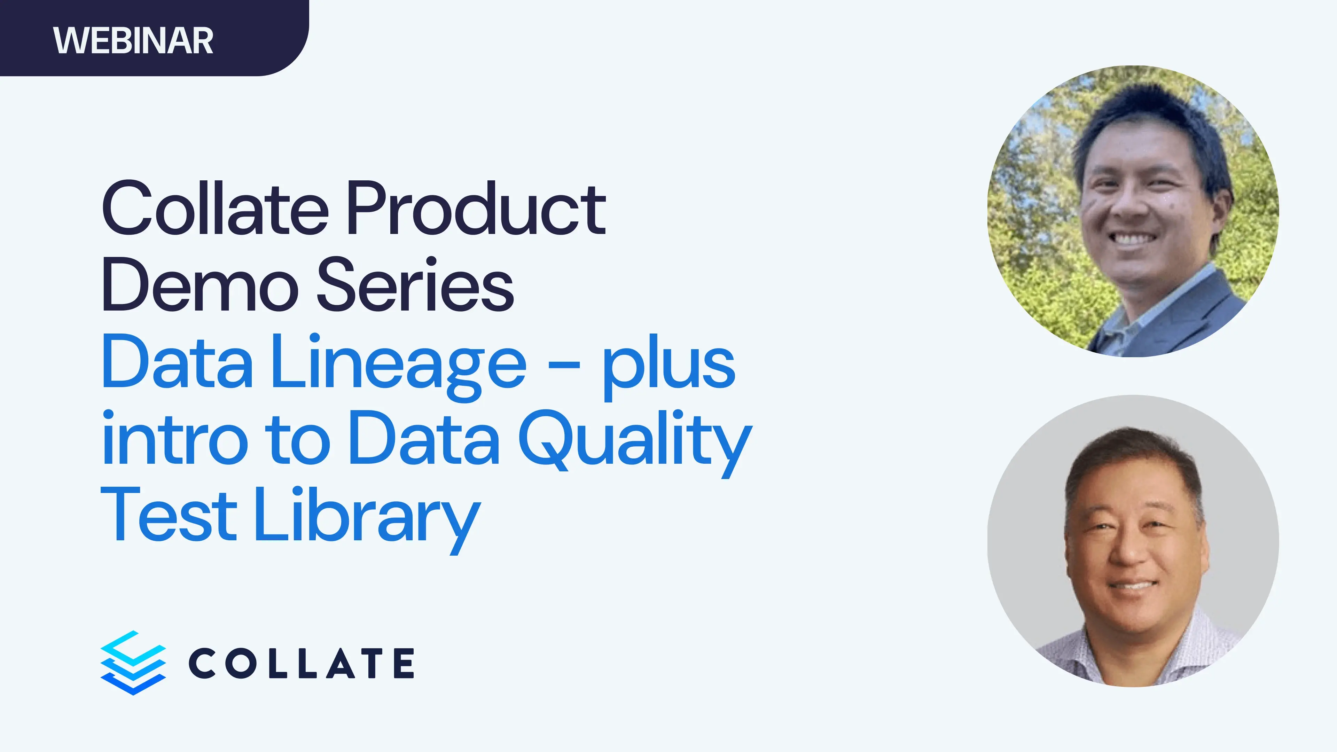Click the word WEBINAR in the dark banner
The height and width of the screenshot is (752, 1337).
133,40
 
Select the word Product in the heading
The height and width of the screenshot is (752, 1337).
476,209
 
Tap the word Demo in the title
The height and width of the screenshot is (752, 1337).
200,285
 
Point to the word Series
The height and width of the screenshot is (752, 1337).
415,285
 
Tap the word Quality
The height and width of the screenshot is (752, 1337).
635,441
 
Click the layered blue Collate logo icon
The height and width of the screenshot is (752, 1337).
133,663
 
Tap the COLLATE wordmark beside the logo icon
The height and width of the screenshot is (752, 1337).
301,663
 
